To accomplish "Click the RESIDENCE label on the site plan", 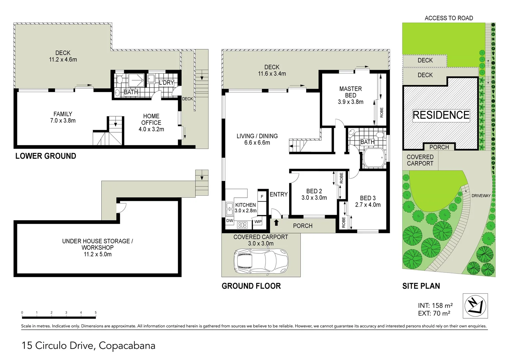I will [x=441, y=115].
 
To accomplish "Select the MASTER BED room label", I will [x=350, y=92].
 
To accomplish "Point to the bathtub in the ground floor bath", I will [x=373, y=158].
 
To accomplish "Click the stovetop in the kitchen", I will [x=242, y=225].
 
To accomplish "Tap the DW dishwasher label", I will [x=230, y=221].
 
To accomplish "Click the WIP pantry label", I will [x=258, y=222].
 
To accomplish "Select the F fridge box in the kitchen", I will [x=262, y=197].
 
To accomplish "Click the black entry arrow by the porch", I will [x=276, y=222].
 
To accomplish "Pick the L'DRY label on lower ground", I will [x=166, y=83].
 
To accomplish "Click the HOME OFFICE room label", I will [x=151, y=119].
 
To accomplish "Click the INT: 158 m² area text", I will [x=435, y=305].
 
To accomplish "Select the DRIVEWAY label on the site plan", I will [x=481, y=196].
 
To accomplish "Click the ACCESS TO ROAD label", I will [x=449, y=18].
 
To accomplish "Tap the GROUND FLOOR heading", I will [x=251, y=286].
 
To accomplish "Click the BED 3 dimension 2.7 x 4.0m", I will [x=368, y=205].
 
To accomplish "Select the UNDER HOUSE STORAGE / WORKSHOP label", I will [x=97, y=244].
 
